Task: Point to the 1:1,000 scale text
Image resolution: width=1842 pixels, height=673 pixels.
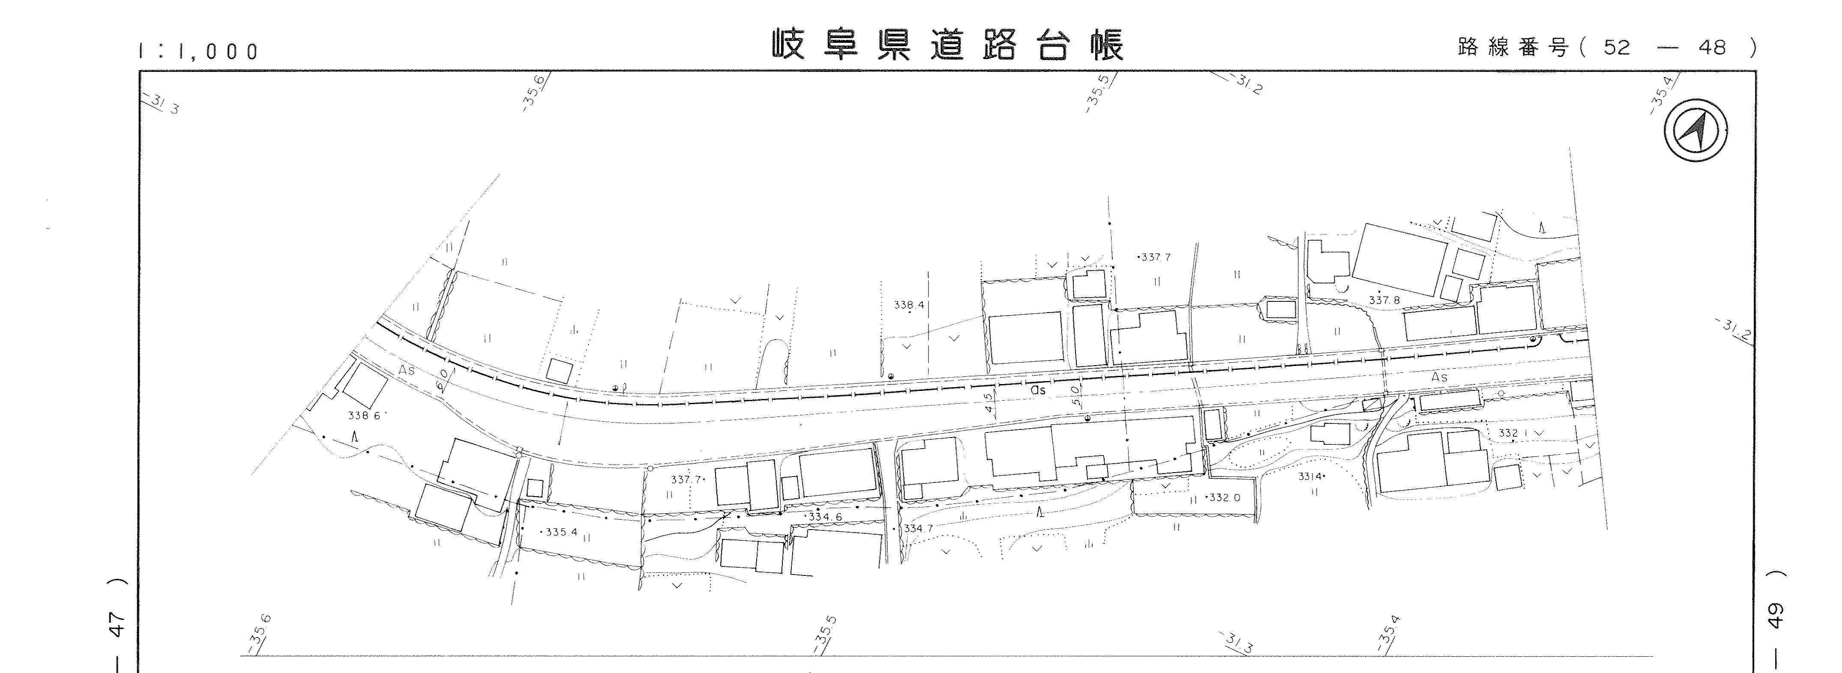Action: click(x=199, y=51)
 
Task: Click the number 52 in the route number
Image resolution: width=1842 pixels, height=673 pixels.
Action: click(x=1616, y=48)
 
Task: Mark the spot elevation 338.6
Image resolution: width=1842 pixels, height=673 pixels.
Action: click(x=364, y=416)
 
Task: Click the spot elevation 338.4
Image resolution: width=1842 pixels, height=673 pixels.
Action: click(x=909, y=305)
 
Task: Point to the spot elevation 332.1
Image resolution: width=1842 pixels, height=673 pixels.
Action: click(x=1513, y=433)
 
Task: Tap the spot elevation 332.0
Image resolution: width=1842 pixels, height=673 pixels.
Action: click(x=1224, y=497)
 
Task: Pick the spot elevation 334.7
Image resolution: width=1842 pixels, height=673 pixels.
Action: click(x=918, y=528)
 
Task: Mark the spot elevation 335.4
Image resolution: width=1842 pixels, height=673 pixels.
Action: click(x=560, y=532)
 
